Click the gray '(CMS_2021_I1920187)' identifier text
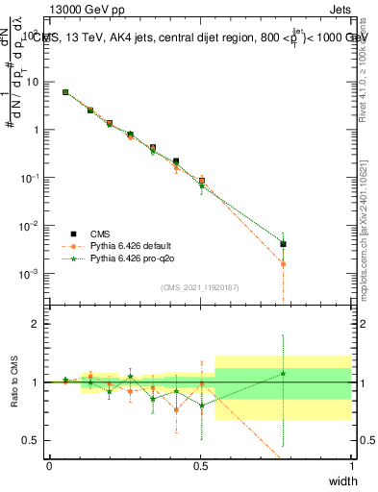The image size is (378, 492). click(200, 287)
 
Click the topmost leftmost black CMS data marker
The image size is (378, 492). click(65, 92)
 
